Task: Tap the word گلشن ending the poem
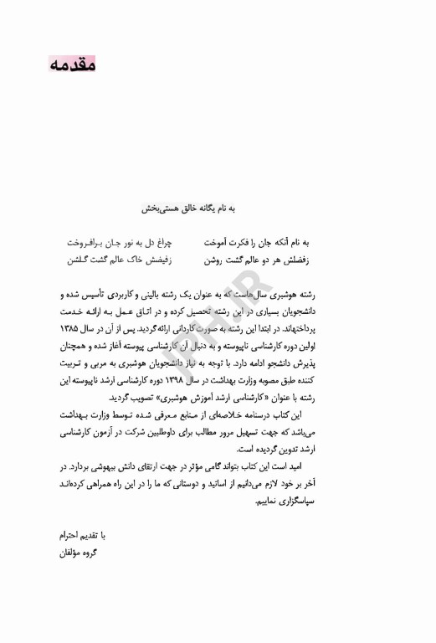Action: pyautogui.click(x=80, y=260)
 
